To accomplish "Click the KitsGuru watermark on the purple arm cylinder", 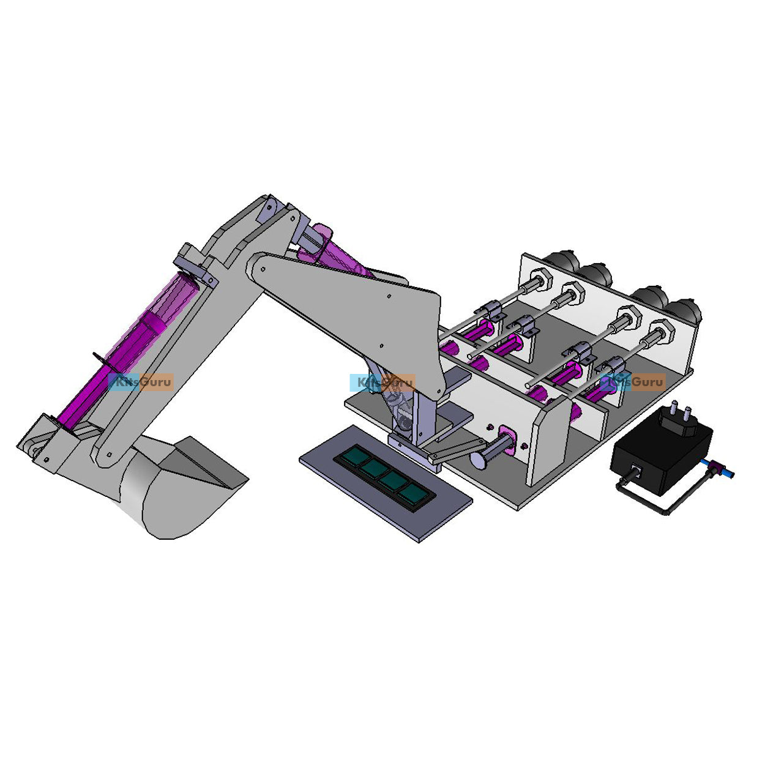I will point(141,382).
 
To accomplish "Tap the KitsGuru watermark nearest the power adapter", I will point(633,382).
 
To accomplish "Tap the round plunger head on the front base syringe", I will point(478,459).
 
